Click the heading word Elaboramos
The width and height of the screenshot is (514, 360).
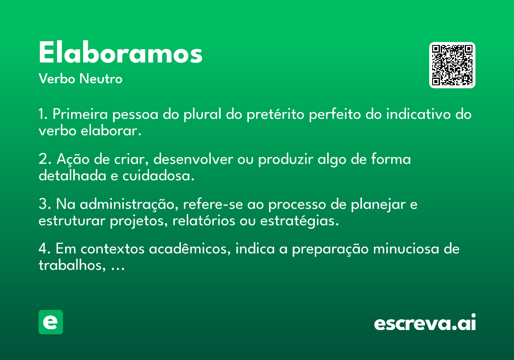120,52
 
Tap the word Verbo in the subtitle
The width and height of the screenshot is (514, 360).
57,79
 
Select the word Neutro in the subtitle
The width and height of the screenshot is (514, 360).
101,79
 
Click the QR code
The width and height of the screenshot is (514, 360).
452,65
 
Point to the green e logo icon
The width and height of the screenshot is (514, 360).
51,322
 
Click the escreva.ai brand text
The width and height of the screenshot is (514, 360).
425,322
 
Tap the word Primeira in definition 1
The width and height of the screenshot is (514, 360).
80,114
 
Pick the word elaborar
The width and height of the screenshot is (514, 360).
111,131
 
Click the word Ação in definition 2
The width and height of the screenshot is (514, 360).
73,159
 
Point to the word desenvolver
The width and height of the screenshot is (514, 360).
193,159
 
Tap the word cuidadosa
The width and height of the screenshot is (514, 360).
158,176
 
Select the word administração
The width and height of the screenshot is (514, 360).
129,204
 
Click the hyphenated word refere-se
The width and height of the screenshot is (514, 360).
213,204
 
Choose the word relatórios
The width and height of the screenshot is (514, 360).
204,221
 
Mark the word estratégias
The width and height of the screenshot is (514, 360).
299,221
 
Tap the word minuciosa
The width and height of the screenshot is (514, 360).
406,249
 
